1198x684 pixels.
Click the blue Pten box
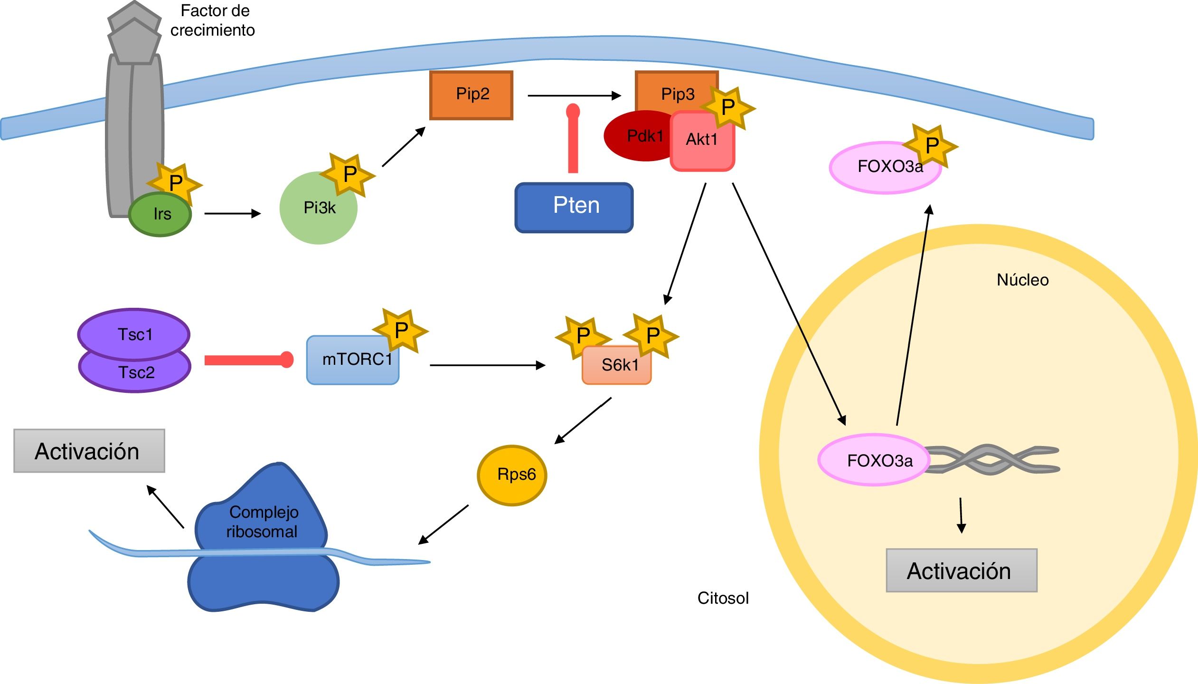(574, 208)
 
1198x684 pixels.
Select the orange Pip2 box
(471, 95)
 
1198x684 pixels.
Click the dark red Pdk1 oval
(639, 136)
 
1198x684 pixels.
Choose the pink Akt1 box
(702, 142)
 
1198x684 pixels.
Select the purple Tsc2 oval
(135, 375)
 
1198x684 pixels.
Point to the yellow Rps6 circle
(512, 475)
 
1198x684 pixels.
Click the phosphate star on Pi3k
(349, 174)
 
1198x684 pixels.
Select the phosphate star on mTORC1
(400, 330)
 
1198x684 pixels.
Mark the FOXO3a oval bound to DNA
(874, 460)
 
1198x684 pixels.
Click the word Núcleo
(1022, 280)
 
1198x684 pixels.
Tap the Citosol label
(723, 598)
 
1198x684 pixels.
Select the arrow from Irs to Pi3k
(232, 214)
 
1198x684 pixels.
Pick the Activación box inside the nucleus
(961, 570)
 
